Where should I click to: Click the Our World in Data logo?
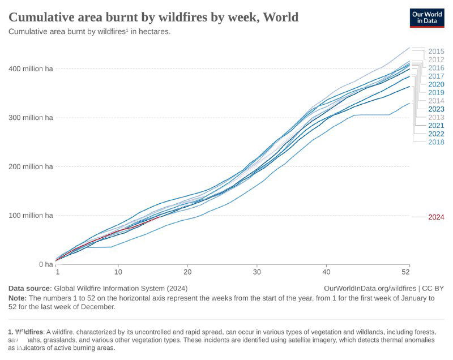[x=427, y=17]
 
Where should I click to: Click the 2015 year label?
[x=436, y=52]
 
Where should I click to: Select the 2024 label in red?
[x=436, y=217]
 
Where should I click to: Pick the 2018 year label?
[x=436, y=142]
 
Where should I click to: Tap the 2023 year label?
[x=436, y=109]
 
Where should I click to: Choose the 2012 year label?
[x=436, y=59]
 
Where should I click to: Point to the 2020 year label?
[x=436, y=84]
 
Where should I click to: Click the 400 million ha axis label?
[x=31, y=68]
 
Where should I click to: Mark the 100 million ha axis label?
[x=31, y=216]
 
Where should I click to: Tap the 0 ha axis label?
[x=45, y=264]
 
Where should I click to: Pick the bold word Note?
[x=18, y=298]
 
